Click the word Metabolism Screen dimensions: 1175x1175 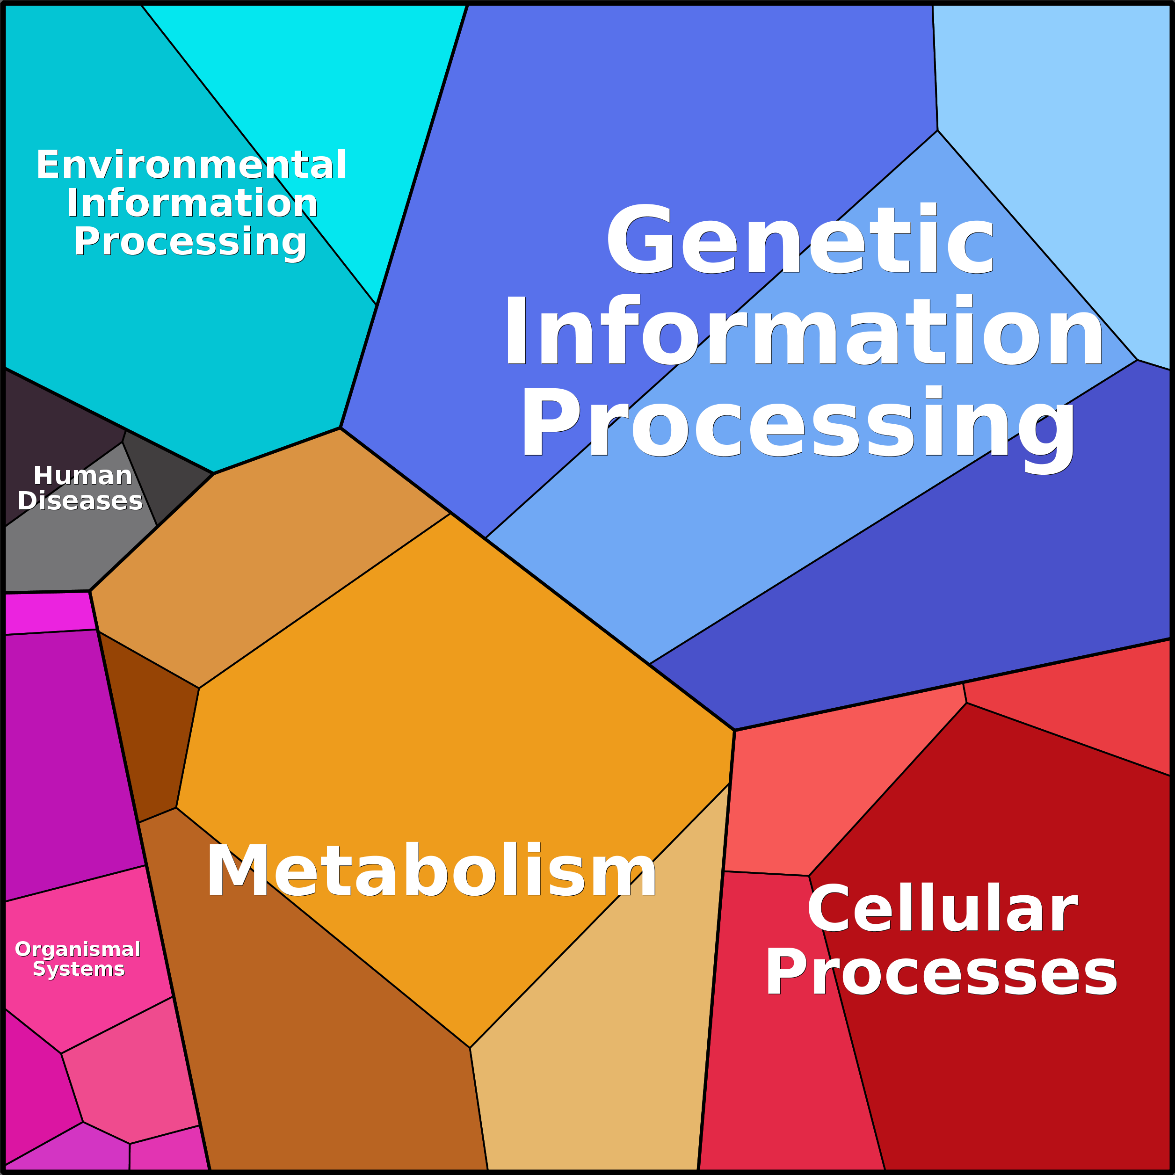coord(431,871)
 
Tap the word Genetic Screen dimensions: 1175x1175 coord(800,240)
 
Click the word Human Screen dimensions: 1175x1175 coord(83,476)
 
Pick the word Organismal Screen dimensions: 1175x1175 coord(78,950)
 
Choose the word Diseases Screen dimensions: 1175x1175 coord(80,501)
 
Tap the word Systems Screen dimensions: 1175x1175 coord(79,969)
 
